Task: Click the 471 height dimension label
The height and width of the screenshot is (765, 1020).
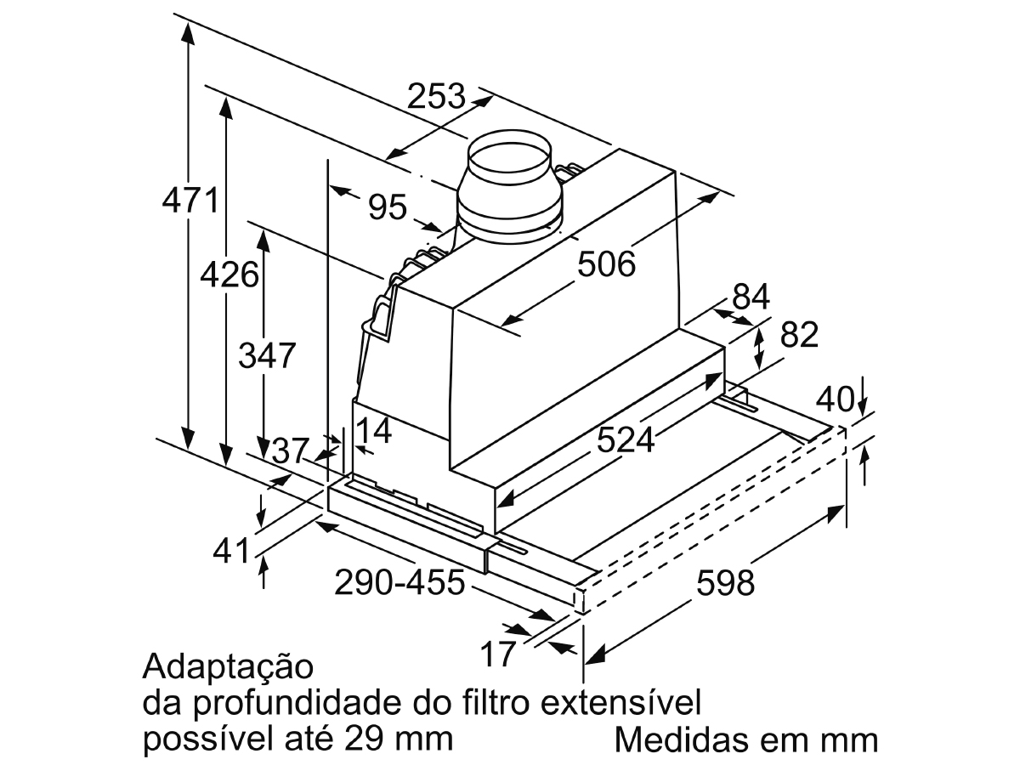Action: pos(190,201)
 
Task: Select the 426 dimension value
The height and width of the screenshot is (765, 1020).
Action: pos(229,274)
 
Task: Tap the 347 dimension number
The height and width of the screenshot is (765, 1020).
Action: pos(267,355)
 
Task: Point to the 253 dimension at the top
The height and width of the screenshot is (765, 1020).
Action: pos(436,96)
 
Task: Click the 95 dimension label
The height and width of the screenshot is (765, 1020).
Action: pos(388,207)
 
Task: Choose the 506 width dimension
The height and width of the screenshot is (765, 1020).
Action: pos(606,263)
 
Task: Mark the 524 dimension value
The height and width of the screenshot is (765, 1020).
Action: pos(626,439)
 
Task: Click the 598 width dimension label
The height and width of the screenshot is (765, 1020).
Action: pos(725,582)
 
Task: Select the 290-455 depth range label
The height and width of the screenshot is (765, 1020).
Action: pos(399,581)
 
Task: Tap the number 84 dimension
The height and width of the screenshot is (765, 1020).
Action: pos(751,297)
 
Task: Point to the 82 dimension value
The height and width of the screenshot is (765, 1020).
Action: pos(799,334)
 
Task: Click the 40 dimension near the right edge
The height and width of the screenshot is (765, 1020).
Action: pos(835,399)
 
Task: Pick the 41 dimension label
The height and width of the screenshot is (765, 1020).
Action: pos(232,552)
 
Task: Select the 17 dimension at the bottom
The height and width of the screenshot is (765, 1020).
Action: pos(498,654)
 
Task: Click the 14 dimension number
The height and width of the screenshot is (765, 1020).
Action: pos(373,431)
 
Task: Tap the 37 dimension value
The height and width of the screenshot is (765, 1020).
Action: pos(291,450)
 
